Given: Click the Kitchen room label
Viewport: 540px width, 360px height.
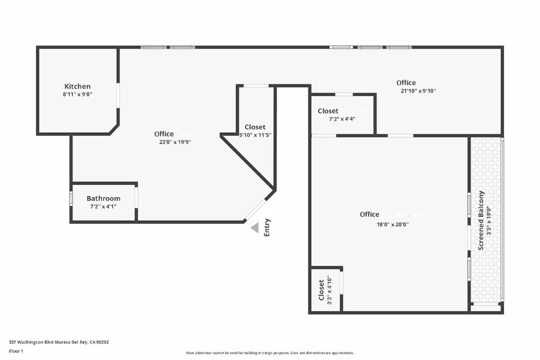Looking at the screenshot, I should [x=78, y=86].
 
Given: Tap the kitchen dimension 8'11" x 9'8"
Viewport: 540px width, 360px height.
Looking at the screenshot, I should [x=78, y=94].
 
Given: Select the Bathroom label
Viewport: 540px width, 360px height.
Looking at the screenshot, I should [x=103, y=198].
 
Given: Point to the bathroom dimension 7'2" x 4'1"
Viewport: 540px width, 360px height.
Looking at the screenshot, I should [x=103, y=206].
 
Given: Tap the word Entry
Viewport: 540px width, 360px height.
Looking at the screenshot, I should [x=267, y=228].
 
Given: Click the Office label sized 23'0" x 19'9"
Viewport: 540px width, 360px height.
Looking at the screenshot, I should [x=164, y=134].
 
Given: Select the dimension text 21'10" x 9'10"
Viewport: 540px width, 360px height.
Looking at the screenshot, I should [x=418, y=91].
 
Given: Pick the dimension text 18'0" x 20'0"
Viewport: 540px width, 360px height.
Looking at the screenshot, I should [x=392, y=224].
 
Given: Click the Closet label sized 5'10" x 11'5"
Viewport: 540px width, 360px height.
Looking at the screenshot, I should [x=255, y=127].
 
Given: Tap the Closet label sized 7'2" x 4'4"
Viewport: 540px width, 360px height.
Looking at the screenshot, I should [x=328, y=111].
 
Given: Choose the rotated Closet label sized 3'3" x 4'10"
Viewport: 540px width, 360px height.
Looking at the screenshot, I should [x=321, y=290].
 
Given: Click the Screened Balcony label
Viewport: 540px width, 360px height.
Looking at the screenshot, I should [x=481, y=220].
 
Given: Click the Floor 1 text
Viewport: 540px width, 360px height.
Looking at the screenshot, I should [x=16, y=351].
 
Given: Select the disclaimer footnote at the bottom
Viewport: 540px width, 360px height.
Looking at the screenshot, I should [x=269, y=353].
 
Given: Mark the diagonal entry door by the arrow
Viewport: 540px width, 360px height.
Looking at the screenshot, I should [x=255, y=209].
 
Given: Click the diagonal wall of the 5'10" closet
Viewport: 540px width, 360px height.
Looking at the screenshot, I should [x=247, y=162].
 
